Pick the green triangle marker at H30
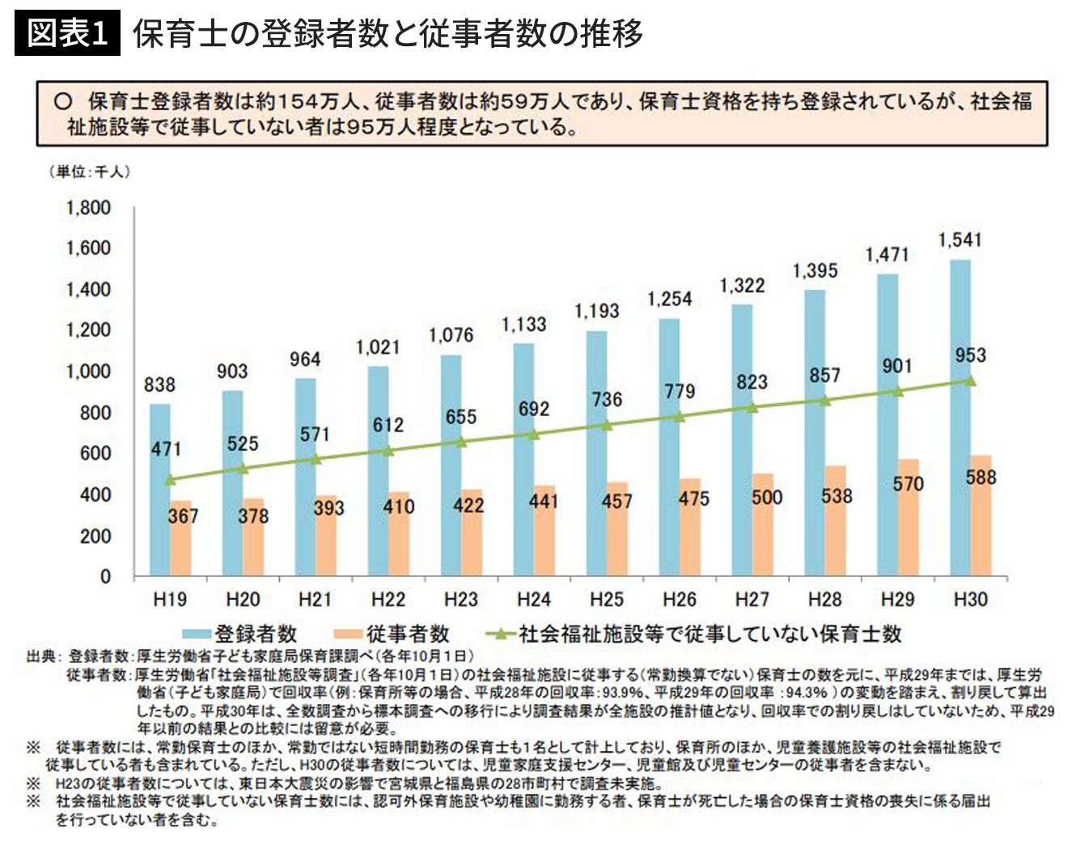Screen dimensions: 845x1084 [x=971, y=380]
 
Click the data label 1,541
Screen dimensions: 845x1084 [x=959, y=240]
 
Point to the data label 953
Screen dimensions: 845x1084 [x=970, y=355]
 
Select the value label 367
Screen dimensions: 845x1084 [x=183, y=516]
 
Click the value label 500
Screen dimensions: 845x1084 [x=767, y=497]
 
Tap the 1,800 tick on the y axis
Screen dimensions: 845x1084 [x=88, y=208]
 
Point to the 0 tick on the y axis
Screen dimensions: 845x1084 [x=105, y=576]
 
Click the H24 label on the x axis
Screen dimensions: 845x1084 [x=533, y=600]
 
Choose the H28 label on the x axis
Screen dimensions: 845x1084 [x=824, y=600]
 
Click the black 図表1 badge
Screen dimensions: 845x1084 [x=67, y=33]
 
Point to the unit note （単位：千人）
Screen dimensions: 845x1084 [x=89, y=172]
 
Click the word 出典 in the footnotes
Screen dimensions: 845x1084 [x=40, y=656]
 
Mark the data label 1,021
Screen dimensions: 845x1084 [x=378, y=347]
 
